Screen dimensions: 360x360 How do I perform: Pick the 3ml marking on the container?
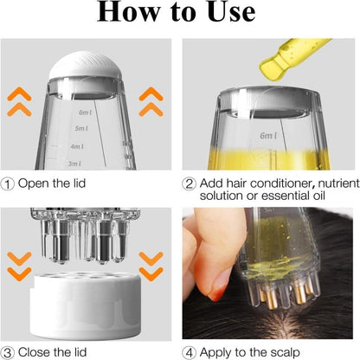coord(74,163)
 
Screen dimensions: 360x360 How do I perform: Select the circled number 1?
coord(9,183)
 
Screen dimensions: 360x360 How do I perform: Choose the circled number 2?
coord(190,183)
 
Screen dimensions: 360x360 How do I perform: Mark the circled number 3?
coord(9,350)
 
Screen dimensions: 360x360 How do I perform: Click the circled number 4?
coord(190,350)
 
